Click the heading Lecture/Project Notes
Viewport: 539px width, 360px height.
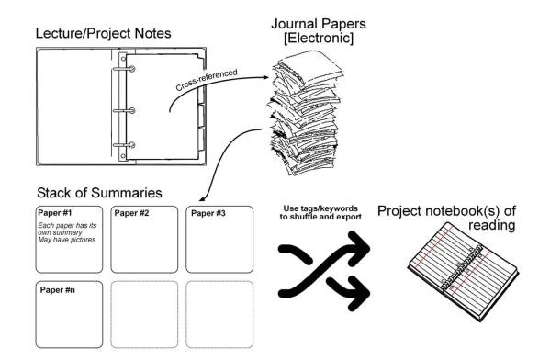coord(103,34)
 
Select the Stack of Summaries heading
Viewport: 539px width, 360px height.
coord(99,193)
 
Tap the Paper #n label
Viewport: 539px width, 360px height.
coord(57,289)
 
